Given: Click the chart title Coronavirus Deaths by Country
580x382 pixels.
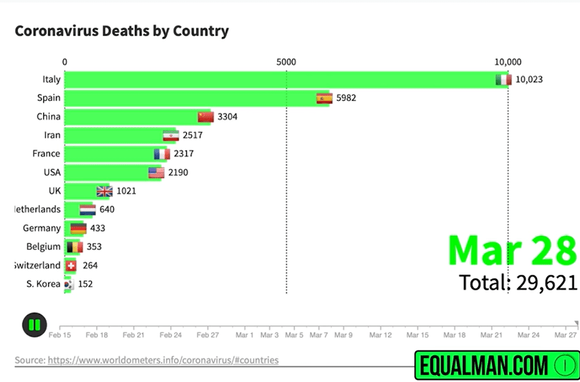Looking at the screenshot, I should (x=122, y=31).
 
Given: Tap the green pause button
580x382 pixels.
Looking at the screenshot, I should (x=34, y=325).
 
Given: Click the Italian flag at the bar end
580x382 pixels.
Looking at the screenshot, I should (x=503, y=80).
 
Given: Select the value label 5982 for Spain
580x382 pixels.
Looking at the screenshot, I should (x=346, y=98).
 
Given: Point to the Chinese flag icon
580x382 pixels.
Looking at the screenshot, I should (x=205, y=117).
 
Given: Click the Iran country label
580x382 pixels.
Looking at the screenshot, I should (x=52, y=135).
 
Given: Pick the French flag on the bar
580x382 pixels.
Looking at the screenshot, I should (x=162, y=154).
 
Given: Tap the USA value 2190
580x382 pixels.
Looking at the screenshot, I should (x=178, y=173).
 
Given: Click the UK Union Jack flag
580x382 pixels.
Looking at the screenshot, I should (x=104, y=191).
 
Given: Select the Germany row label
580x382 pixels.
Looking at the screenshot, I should (x=42, y=228).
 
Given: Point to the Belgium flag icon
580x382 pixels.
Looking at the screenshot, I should (x=75, y=247).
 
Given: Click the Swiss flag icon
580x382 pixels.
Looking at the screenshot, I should (x=71, y=265).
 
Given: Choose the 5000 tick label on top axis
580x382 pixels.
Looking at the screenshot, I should (x=286, y=62).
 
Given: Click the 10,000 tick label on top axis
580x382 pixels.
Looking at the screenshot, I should (x=508, y=62).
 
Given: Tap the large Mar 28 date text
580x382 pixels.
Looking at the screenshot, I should (x=511, y=250).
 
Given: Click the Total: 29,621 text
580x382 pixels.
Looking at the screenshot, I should (x=518, y=282).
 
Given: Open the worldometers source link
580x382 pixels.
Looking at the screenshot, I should (x=163, y=360).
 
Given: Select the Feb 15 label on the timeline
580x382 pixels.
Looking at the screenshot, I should (x=59, y=335).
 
